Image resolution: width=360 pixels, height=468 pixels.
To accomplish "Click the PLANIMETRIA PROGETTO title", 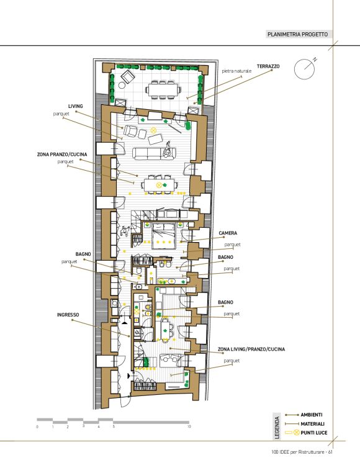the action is click(x=297, y=34).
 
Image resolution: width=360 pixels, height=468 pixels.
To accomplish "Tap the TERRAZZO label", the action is click(x=268, y=66).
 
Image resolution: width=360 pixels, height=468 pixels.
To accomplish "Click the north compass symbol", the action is click(x=305, y=68).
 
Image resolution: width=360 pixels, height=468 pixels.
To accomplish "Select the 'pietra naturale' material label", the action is click(x=236, y=71).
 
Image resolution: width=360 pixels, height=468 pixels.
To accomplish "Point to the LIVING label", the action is click(x=76, y=106).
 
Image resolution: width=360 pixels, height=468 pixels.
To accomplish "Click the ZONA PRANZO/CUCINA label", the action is click(x=62, y=155).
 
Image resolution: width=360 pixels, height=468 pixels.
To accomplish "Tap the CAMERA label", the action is click(x=228, y=233).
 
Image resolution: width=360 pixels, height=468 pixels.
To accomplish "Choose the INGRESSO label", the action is click(x=68, y=315).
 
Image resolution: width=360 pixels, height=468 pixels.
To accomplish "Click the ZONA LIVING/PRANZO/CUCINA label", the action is click(x=251, y=349).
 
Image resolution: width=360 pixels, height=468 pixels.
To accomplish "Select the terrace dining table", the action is click(x=163, y=89).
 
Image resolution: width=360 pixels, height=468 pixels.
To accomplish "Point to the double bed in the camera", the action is click(x=163, y=236).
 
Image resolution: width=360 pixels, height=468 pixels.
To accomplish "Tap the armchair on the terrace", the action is click(x=128, y=77).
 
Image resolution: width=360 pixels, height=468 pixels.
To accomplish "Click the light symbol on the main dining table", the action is click(x=159, y=186).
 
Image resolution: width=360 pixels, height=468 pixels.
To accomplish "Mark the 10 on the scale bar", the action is click(x=189, y=427).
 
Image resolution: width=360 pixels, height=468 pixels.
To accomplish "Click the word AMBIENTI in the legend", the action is click(x=312, y=415).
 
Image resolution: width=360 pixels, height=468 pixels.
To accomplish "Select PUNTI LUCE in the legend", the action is click(x=313, y=433).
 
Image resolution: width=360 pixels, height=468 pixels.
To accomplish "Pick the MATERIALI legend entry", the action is click(x=312, y=424).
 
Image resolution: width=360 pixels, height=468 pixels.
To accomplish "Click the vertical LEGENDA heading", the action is click(x=277, y=428).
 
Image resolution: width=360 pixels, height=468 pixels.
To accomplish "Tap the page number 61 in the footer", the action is click(x=330, y=452).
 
